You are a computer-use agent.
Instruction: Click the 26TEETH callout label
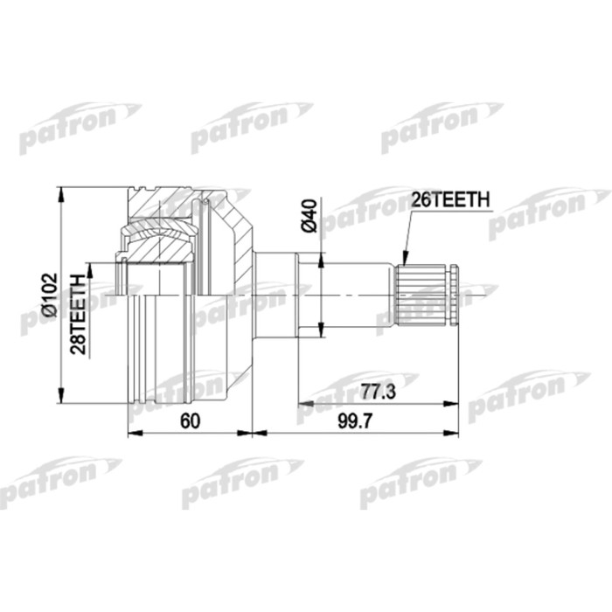(x=450, y=200)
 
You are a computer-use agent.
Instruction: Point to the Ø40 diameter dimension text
(x=307, y=215)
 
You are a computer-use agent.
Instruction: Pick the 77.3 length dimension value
(x=379, y=393)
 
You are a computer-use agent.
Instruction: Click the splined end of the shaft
(x=425, y=293)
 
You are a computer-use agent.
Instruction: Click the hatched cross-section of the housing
(x=166, y=210)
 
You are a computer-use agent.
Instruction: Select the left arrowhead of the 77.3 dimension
(x=302, y=404)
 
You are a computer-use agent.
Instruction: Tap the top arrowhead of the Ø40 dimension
(x=321, y=256)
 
